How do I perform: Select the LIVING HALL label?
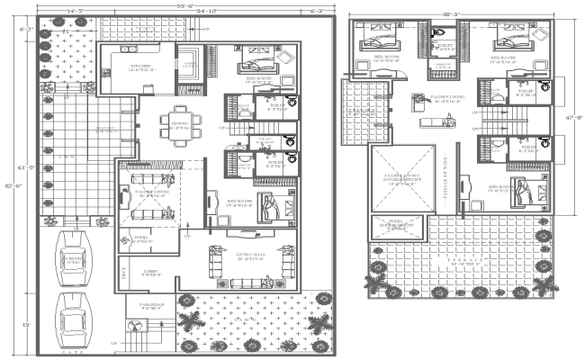pos(250,260)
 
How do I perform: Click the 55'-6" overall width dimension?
pos(185,6)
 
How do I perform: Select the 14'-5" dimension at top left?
pos(76,11)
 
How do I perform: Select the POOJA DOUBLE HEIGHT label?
pos(396,226)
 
